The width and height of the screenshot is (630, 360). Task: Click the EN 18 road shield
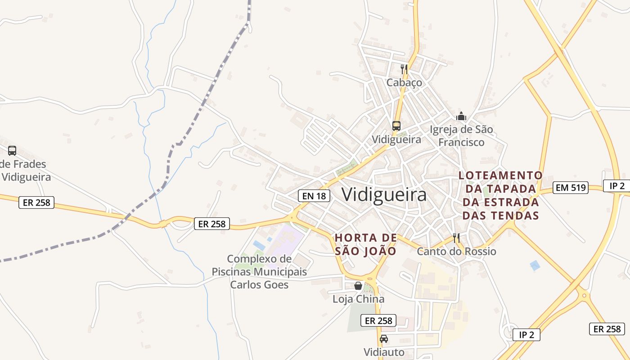coord(314,196)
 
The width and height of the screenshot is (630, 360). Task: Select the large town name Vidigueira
coord(384,195)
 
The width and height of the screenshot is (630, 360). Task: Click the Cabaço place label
coord(404,83)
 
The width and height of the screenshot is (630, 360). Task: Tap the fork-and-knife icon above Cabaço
coord(404,69)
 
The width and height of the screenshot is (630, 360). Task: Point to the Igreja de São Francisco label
coord(461,136)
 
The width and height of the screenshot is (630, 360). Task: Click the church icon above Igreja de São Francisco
coord(461,116)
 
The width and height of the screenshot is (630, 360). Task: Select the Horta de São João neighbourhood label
coord(365,244)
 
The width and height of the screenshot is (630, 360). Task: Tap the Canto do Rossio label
coord(456,251)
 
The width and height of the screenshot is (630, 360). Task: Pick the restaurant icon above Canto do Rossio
coord(456,238)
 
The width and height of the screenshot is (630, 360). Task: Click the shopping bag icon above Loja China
coord(358,286)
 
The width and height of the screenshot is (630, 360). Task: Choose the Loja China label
coord(358,299)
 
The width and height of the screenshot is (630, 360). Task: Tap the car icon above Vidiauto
coord(383,338)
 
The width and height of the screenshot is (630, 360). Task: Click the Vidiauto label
coord(383,351)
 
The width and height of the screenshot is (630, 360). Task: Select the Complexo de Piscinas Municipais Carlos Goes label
coord(259,272)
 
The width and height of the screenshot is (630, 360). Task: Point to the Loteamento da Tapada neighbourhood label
coord(500,195)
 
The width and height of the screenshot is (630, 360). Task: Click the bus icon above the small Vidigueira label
coord(396,126)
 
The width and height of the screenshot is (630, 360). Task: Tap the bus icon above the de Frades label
coord(12,151)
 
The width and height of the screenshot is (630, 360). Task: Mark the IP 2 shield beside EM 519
coord(616,186)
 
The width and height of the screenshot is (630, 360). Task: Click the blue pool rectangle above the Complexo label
coord(259,245)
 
